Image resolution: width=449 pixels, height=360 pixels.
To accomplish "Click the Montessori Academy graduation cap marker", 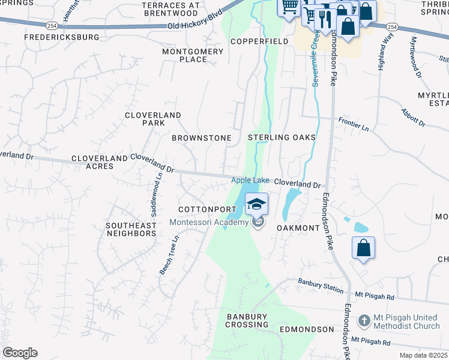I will tap(256, 204).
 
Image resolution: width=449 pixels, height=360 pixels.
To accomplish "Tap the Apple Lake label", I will tap(251, 181).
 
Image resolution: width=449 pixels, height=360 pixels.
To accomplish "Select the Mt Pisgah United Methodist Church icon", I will tap(364, 321).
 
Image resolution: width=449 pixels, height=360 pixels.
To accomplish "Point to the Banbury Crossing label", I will tap(247, 320).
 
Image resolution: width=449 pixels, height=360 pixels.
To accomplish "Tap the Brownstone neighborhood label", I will tap(202, 138).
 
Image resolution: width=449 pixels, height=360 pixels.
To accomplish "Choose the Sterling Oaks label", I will tap(282, 137).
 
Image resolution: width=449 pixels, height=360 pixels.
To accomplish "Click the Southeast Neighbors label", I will tap(131, 229).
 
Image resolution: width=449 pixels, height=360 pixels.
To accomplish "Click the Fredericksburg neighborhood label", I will tap(61, 37).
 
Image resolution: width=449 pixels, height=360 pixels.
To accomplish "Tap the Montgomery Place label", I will tap(193, 55).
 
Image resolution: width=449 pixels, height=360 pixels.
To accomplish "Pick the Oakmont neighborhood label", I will tap(298, 228).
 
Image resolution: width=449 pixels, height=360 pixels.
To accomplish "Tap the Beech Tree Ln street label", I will tap(169, 254).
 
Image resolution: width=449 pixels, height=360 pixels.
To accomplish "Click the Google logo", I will tap(20, 353).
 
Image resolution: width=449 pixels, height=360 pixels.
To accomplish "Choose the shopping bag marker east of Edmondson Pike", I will tap(363, 248).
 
